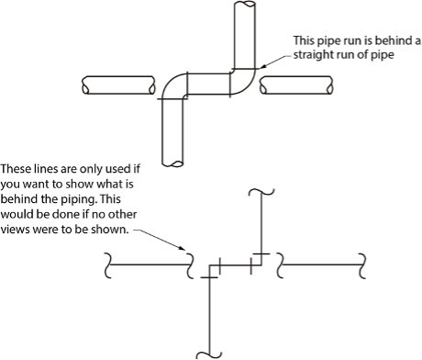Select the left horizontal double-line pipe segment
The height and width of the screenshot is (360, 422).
coord(118,85)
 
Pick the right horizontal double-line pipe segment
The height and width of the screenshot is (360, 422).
coord(296,85)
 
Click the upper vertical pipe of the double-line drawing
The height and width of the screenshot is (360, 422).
coord(244,35)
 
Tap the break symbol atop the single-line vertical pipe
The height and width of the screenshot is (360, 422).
coord(261,192)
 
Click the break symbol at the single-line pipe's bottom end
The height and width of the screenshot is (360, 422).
coord(209,355)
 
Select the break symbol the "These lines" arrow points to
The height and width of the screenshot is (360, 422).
coord(190,265)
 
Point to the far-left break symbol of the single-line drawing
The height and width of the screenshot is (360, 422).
coord(107,265)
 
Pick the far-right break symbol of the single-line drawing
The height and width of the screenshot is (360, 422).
coord(362,265)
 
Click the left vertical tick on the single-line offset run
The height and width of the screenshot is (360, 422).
coord(219,266)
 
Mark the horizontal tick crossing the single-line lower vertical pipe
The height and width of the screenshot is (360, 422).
coord(209,277)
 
